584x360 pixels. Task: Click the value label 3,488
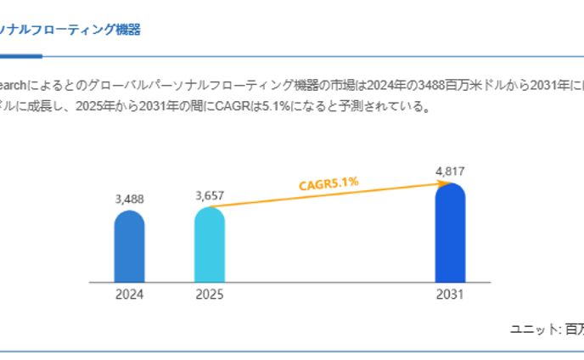tap(129, 200)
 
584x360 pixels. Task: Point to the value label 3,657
tap(209, 195)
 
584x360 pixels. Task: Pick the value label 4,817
tap(450, 172)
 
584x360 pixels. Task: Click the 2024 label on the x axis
tap(129, 295)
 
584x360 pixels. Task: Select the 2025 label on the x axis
tap(209, 295)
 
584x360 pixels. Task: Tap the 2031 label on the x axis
tap(450, 295)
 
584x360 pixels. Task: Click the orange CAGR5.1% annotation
tap(328, 183)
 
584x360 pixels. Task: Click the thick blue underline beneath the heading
tap(20, 56)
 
